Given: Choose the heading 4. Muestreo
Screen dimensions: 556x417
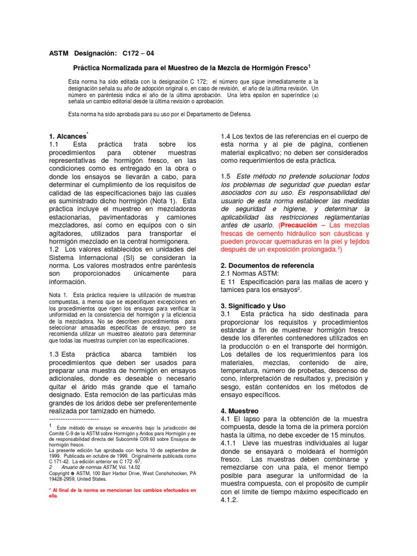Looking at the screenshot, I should click(239, 410).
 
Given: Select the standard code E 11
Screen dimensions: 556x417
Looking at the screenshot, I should click(226, 282).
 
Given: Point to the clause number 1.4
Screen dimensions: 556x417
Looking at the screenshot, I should click(226, 136).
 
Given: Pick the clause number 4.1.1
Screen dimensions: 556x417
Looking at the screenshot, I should click(229, 444).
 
